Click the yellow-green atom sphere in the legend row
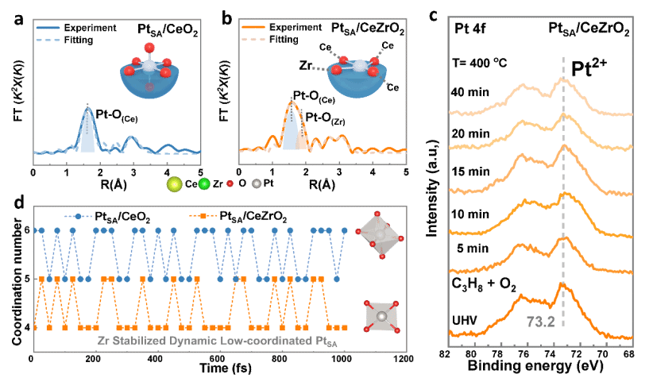(x=174, y=184)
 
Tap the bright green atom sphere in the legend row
(x=204, y=184)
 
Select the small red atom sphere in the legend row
(x=230, y=184)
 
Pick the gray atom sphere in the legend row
(x=256, y=184)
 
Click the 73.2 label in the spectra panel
(x=540, y=322)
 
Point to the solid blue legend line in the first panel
(x=48, y=27)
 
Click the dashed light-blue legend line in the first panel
(x=48, y=38)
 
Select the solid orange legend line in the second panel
(x=253, y=27)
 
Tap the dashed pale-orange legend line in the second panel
(x=253, y=38)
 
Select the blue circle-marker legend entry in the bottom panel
(x=78, y=216)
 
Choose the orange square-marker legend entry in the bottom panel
(x=203, y=216)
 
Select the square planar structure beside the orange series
(x=382, y=316)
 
